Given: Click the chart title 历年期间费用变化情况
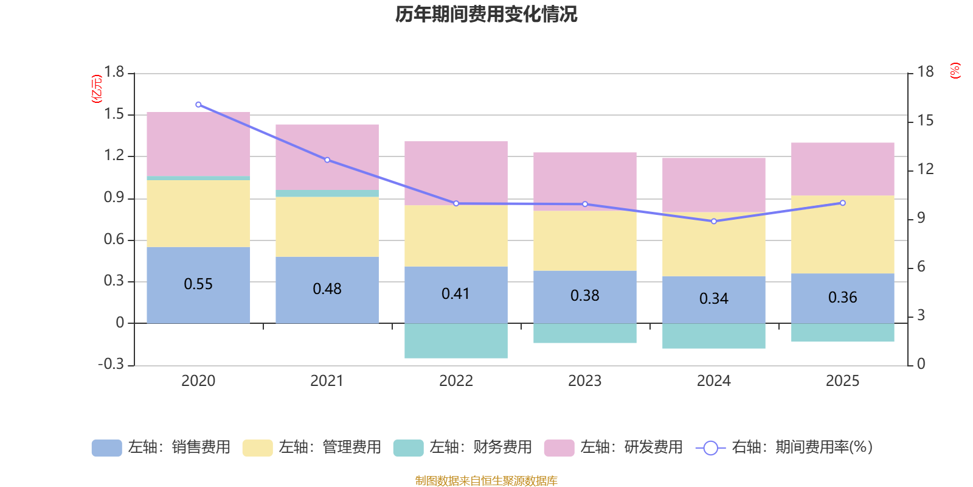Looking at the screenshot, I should tap(486, 14).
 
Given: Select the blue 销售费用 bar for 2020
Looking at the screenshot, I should tap(198, 304).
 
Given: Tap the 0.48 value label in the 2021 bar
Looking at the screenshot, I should tap(327, 289).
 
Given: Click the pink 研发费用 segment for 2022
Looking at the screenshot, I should tap(456, 173).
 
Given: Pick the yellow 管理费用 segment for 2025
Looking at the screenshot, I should tap(842, 234).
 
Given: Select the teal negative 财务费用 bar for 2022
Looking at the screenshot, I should tap(456, 341).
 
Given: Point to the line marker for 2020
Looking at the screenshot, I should tap(198, 105).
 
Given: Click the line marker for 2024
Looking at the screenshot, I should tap(714, 221).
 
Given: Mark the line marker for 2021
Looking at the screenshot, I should tap(327, 160).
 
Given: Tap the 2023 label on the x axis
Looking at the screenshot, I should tap(584, 381).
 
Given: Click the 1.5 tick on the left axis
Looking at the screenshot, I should tap(114, 114).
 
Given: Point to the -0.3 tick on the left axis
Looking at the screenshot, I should tap(111, 364).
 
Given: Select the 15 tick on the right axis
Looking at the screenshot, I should tap(926, 121).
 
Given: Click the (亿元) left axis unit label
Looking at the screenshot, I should tap(97, 89).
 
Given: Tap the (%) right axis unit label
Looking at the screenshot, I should tap(955, 71).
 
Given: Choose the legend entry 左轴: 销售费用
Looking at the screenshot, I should tap(161, 447).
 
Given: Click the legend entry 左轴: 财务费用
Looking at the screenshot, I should tap(463, 447).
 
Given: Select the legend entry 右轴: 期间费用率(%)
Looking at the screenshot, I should tap(784, 447).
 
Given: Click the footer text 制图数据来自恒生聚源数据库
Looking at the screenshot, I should tap(486, 481).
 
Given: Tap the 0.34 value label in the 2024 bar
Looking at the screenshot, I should tap(714, 299).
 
